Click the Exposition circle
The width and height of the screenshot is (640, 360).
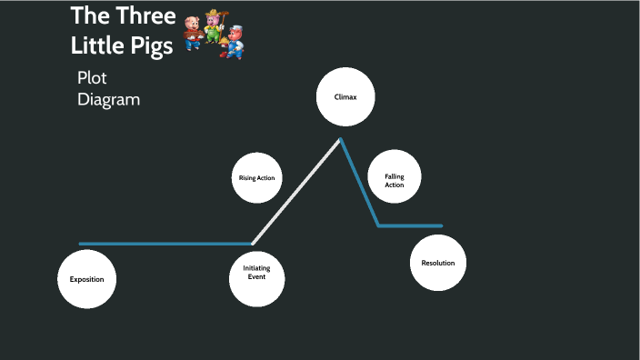(87, 278)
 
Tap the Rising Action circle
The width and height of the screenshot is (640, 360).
(256, 178)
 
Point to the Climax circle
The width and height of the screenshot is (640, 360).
(345, 96)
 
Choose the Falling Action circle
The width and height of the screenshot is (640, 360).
(394, 178)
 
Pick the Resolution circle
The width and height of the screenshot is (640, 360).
(438, 263)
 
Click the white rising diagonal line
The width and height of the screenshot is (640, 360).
(295, 192)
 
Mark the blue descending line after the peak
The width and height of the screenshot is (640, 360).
(360, 183)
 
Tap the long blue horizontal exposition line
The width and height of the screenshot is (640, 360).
(164, 244)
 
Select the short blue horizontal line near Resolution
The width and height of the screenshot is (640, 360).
(411, 225)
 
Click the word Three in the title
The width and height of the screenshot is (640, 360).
(145, 16)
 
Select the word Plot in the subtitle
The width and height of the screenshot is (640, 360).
(92, 78)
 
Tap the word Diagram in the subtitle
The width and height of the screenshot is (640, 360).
(109, 99)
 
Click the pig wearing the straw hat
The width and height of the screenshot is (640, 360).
(214, 24)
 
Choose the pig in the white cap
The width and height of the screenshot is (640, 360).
(235, 39)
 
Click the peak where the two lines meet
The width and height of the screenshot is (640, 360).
(341, 139)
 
